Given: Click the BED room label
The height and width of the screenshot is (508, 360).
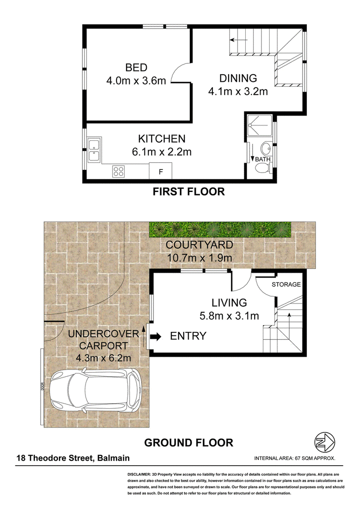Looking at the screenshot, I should [136, 68].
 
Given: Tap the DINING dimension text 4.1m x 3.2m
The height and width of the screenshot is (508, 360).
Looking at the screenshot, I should [238, 92].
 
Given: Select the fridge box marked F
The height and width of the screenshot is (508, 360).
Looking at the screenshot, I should [161, 172].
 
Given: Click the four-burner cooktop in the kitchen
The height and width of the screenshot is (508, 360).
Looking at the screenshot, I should [119, 171].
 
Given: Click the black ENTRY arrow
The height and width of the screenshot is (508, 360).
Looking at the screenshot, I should [156, 336].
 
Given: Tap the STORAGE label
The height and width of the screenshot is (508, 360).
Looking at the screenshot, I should [286, 285].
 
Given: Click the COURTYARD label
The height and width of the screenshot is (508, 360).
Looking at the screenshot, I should [199, 245].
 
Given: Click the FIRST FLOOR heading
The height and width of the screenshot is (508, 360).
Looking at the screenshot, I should [189, 192].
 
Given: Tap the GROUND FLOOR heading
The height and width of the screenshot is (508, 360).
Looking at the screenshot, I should [189, 443].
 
